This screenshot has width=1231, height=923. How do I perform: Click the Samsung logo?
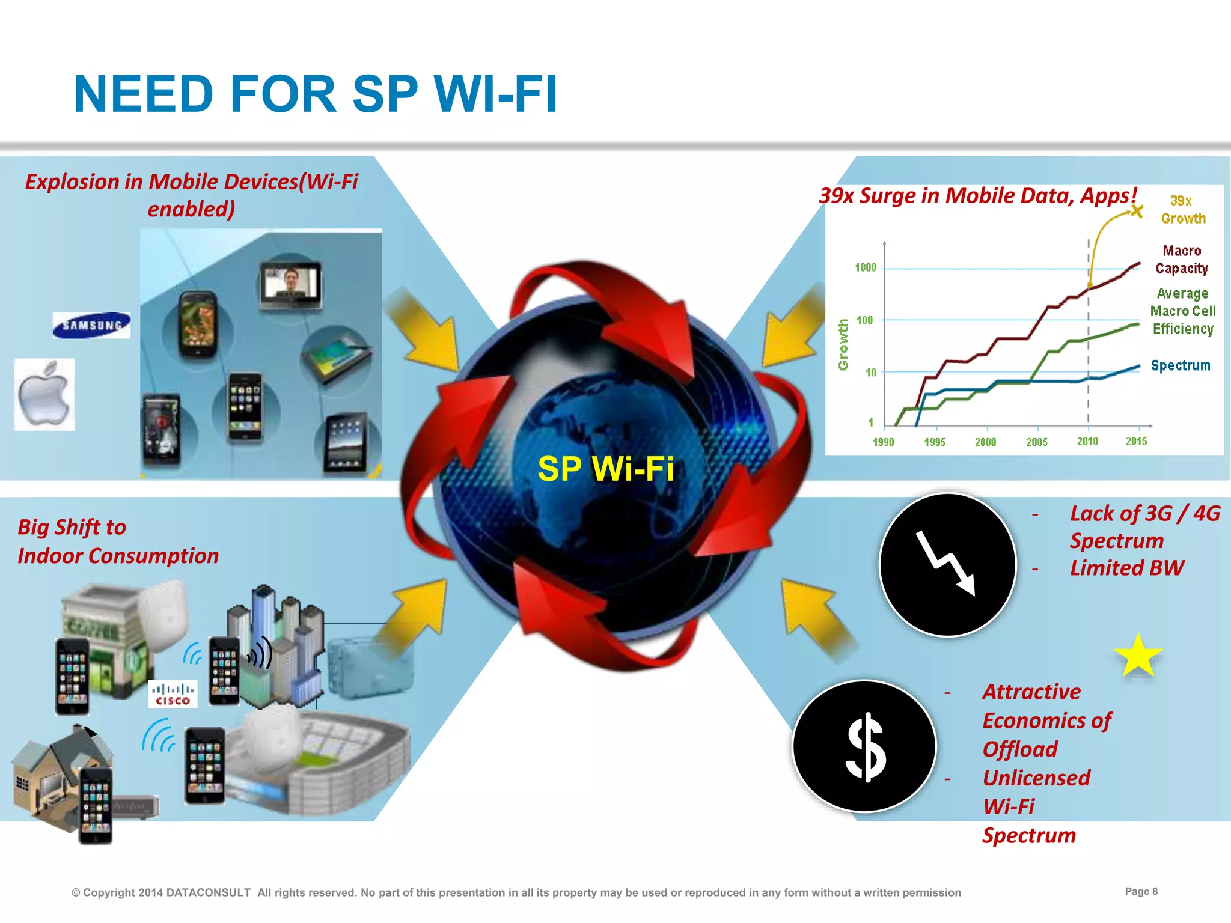(x=91, y=325)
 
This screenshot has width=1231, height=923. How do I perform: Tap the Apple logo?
(x=44, y=395)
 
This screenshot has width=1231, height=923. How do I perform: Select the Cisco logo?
(x=173, y=694)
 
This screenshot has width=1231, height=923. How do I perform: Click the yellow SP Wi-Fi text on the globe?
(x=605, y=469)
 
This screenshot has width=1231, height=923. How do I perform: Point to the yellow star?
(x=1137, y=656)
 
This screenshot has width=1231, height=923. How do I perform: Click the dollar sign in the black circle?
(x=865, y=747)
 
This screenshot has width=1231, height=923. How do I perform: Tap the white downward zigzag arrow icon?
(x=946, y=562)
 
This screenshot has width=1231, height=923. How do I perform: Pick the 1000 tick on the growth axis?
(x=866, y=267)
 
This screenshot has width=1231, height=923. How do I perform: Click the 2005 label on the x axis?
(x=1036, y=442)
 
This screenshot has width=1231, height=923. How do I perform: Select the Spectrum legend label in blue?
(x=1180, y=365)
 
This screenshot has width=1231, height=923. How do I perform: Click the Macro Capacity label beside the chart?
(x=1181, y=260)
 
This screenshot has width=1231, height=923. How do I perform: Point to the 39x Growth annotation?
(x=1182, y=210)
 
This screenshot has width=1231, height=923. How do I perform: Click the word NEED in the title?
(x=144, y=94)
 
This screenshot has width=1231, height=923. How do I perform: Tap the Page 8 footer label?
(x=1141, y=891)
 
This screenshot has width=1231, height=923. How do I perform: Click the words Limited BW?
(x=1126, y=568)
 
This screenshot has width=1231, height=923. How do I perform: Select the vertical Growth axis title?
(x=843, y=345)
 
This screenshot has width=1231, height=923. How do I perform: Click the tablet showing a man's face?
(x=291, y=285)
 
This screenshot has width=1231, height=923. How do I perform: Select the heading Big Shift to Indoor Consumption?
(x=118, y=541)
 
